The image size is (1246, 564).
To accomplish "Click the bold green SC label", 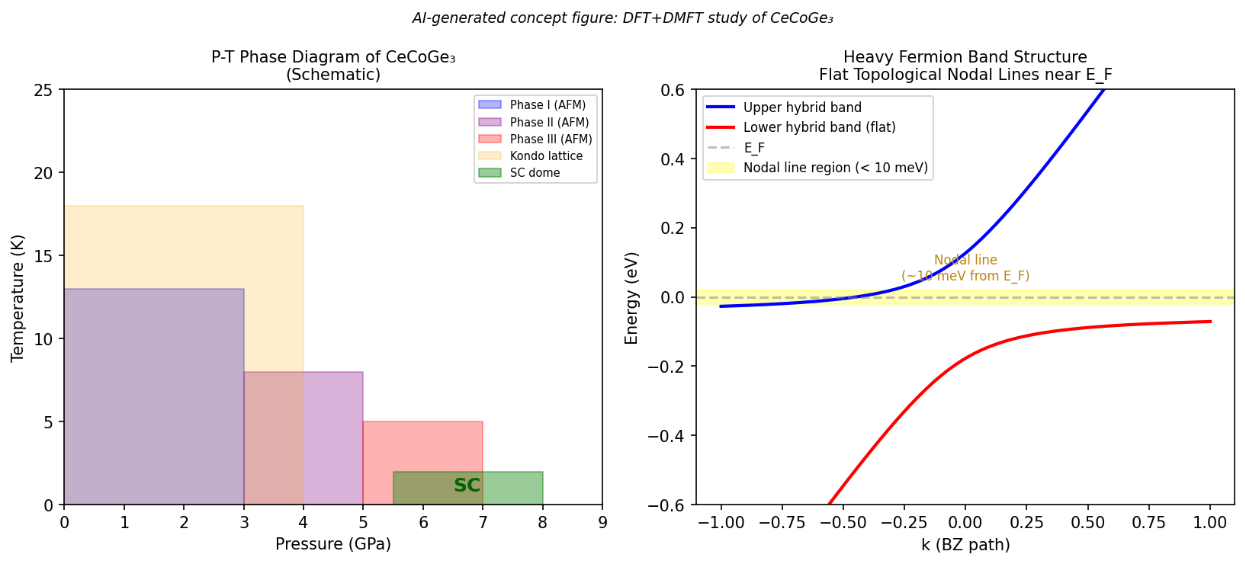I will coord(467,485).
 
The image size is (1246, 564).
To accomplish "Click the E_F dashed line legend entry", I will coord(754,148).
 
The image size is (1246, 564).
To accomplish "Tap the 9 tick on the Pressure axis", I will coord(602,523).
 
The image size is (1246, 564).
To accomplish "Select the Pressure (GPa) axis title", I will coord(333,544).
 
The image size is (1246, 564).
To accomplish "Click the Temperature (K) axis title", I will coord(18,298).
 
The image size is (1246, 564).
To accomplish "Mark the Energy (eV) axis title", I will coord(631,298).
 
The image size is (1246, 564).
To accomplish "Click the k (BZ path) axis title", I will coord(965,545).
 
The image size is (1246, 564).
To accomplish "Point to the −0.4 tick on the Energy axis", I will coord(671,436).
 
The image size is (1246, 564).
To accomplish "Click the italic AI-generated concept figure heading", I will coord(622,18).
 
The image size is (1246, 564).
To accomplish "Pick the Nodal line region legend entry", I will coord(836,168).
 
